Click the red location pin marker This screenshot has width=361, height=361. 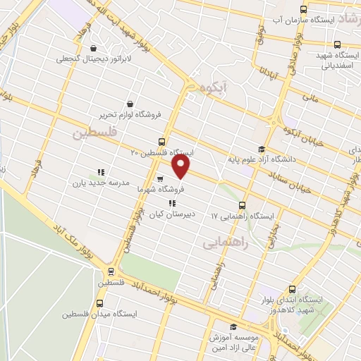coord(182,166)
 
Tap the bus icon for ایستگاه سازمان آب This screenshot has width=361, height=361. coord(303,9)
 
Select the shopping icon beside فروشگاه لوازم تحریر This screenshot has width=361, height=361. coord(129,103)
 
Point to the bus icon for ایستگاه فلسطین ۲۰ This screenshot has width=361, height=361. coord(162,141)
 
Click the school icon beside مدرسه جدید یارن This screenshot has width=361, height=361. coord(101,171)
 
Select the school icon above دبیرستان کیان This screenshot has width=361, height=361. coord(172,203)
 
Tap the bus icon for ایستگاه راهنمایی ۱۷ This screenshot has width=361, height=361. coord(243,204)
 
